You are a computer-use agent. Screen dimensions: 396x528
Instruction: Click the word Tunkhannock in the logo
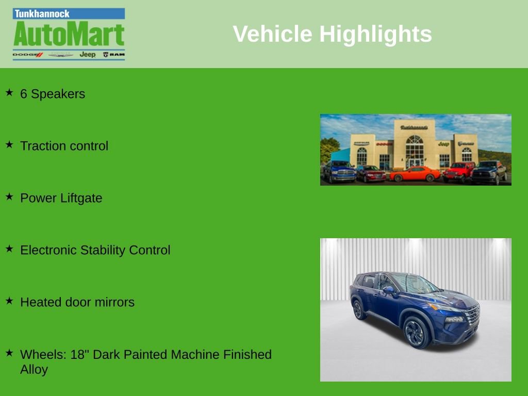click(x=42, y=14)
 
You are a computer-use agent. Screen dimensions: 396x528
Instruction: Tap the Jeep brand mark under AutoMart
click(x=87, y=54)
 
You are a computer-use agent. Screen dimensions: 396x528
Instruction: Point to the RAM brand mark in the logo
click(x=113, y=54)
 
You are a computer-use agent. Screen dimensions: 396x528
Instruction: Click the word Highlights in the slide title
click(x=375, y=34)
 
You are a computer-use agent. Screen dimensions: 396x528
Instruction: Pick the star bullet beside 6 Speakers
click(x=9, y=93)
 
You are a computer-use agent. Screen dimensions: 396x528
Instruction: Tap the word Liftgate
click(x=81, y=199)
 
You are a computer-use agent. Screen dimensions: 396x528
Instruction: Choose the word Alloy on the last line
click(x=34, y=369)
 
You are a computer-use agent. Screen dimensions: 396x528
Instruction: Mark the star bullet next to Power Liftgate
click(x=9, y=197)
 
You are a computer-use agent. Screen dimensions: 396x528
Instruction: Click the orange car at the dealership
click(x=415, y=174)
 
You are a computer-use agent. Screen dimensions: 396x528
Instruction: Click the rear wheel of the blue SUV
click(x=357, y=309)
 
